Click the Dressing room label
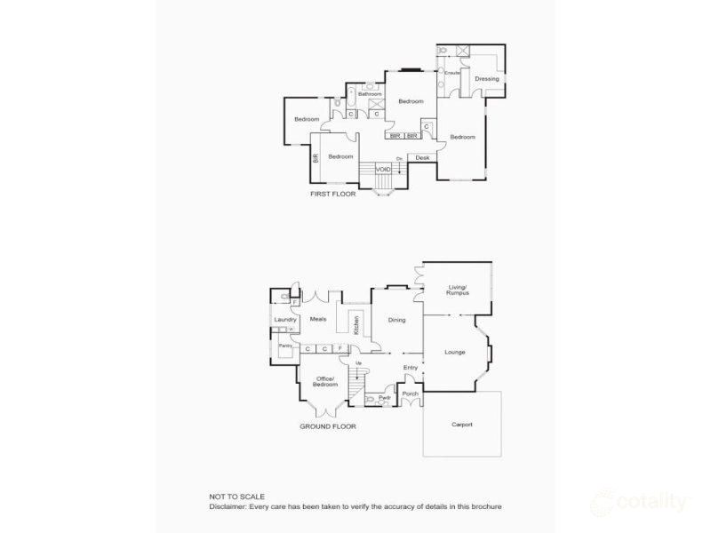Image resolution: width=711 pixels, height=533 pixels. (x=486, y=79)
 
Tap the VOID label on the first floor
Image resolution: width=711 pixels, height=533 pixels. (x=383, y=169)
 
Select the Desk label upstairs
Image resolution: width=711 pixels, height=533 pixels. (x=422, y=158)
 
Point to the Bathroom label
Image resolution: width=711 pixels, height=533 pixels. (x=370, y=94)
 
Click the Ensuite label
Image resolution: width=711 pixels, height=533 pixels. (x=452, y=73)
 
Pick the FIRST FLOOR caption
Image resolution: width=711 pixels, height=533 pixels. (x=332, y=194)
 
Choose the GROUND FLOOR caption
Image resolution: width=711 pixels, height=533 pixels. (x=328, y=426)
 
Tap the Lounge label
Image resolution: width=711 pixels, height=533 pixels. (x=454, y=352)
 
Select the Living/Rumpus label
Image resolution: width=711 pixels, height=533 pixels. (x=458, y=290)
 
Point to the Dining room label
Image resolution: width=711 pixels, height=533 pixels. (x=396, y=321)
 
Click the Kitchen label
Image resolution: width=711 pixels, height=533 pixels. (x=357, y=324)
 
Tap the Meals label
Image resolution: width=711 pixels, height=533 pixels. (x=318, y=319)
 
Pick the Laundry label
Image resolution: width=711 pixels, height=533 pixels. (x=285, y=320)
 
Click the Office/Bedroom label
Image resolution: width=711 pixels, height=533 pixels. (x=325, y=382)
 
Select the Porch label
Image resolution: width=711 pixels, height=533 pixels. (x=410, y=394)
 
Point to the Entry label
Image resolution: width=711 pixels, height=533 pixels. (x=411, y=367)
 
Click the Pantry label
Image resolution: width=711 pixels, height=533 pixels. (x=285, y=345)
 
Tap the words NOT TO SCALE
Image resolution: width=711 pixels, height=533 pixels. (x=236, y=497)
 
